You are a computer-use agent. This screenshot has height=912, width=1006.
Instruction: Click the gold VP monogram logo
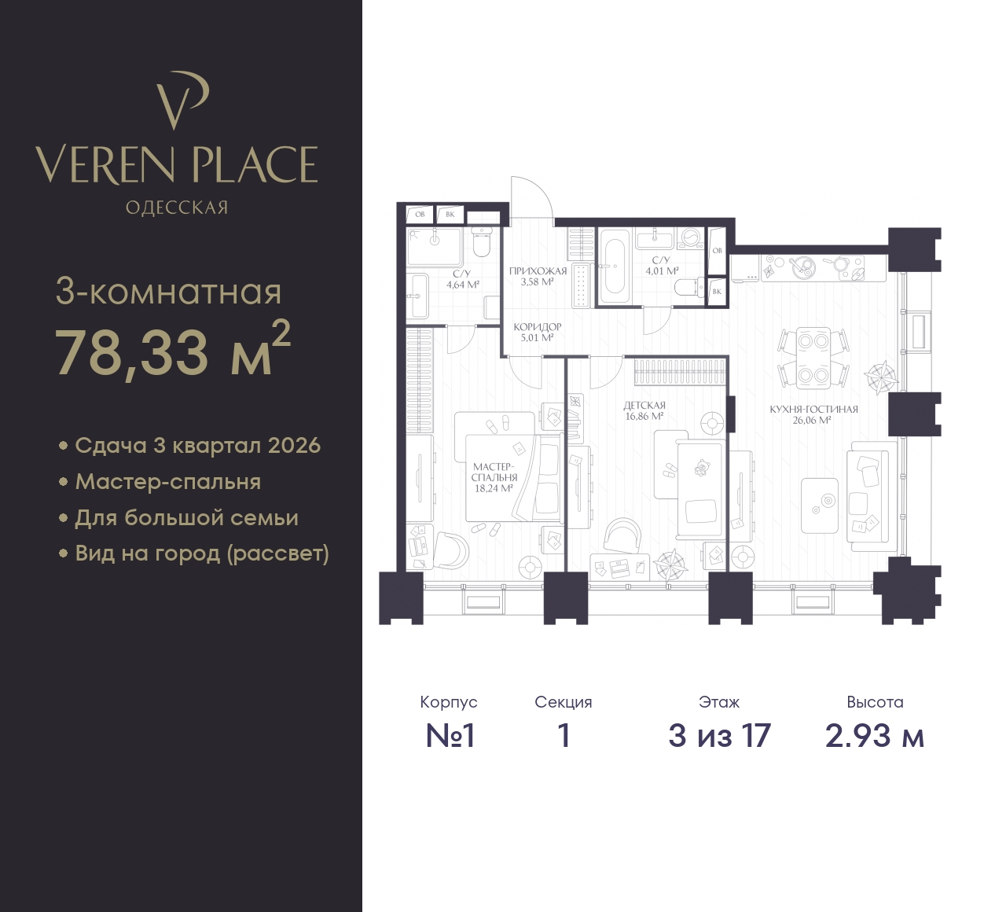point(182,101)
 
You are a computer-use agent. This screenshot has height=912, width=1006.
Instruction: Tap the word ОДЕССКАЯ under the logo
point(177,208)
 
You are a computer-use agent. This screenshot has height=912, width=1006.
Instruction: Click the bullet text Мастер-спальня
point(168,482)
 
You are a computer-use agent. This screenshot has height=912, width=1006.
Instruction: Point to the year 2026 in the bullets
point(294,445)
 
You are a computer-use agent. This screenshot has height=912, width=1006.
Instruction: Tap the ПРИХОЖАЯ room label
point(538,271)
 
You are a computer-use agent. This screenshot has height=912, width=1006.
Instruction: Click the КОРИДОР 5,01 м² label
point(537,332)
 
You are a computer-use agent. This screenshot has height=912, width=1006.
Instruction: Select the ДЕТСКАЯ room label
point(644,406)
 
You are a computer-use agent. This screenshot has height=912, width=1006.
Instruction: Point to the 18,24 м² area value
point(494,487)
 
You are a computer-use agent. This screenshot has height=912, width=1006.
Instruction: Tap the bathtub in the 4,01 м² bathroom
point(613,266)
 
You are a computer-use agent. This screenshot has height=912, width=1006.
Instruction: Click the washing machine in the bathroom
point(691,238)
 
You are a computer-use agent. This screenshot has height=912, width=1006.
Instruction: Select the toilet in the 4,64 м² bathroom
point(482,244)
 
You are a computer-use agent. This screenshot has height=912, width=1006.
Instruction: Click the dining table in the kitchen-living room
point(813,359)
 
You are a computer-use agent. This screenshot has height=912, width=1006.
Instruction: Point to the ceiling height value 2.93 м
point(875,736)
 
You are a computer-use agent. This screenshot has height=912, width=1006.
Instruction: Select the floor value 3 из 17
point(719,736)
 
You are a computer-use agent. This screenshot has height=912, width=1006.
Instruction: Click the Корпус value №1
point(450,736)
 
